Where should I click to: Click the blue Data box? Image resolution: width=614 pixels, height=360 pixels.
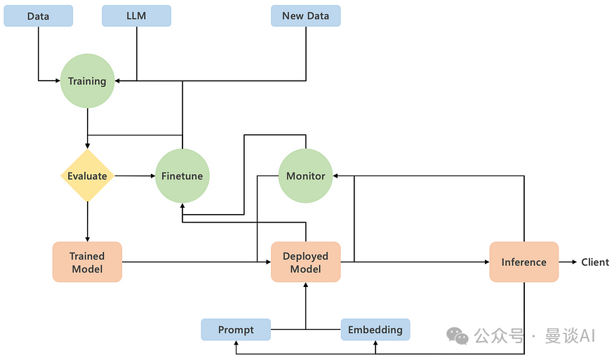pyautogui.click(x=39, y=16)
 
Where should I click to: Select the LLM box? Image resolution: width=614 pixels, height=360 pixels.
pyautogui.click(x=136, y=16)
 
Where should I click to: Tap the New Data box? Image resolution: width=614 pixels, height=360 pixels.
pyautogui.click(x=305, y=16)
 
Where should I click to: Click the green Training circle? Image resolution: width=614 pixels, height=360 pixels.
pyautogui.click(x=87, y=81)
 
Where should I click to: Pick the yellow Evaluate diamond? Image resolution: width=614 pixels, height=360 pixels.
pyautogui.click(x=87, y=176)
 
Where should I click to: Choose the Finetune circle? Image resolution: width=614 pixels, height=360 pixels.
pyautogui.click(x=182, y=176)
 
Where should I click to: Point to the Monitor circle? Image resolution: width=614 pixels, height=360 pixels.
pyautogui.click(x=305, y=176)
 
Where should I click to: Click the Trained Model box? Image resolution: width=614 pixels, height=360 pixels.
pyautogui.click(x=87, y=262)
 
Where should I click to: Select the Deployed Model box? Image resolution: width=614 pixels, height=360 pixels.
pyautogui.click(x=305, y=262)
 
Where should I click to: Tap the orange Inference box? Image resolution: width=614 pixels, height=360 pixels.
pyautogui.click(x=524, y=262)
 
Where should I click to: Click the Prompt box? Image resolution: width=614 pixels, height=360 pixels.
pyautogui.click(x=236, y=329)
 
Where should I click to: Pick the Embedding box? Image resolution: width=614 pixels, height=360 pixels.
pyautogui.click(x=375, y=329)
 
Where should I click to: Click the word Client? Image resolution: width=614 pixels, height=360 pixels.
pyautogui.click(x=595, y=262)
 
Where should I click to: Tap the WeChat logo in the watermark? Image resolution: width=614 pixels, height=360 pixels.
pyautogui.click(x=457, y=336)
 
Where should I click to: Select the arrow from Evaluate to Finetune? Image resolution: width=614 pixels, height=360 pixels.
pyautogui.click(x=135, y=176)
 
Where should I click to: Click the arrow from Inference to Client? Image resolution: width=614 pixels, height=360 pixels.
pyautogui.click(x=568, y=262)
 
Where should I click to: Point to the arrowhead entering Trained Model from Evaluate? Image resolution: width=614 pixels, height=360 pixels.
pyautogui.click(x=87, y=239)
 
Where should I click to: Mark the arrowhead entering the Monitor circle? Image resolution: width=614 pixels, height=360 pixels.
pyautogui.click(x=335, y=176)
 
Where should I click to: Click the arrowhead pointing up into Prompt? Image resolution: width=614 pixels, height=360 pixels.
pyautogui.click(x=236, y=343)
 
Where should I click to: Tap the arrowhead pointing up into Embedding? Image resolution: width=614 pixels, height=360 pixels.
pyautogui.click(x=375, y=343)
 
